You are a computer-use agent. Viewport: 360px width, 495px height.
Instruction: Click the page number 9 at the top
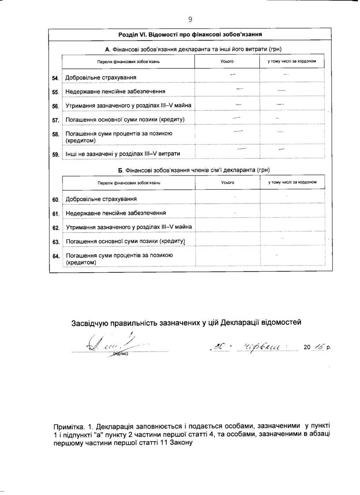[x=190, y=19]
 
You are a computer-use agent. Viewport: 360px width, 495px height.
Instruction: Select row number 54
[x=56, y=78]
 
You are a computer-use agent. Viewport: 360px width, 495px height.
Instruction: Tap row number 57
[x=56, y=120]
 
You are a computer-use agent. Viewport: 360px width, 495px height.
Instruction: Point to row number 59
[x=56, y=154]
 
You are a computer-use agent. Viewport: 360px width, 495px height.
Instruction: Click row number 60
[x=56, y=200]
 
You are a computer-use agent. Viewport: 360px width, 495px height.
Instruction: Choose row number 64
[x=56, y=256]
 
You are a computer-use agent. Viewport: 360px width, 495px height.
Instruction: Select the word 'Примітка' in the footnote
[x=67, y=427]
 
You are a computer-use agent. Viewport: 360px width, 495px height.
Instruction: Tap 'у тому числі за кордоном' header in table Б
[x=292, y=182]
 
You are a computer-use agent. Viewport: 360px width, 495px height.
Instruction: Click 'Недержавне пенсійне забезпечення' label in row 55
[x=115, y=92]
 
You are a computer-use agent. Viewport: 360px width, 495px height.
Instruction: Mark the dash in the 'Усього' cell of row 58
[x=238, y=131]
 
